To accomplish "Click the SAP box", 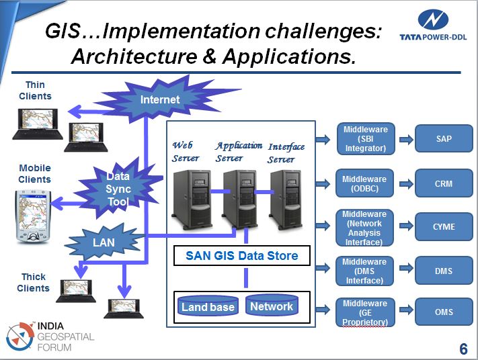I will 443,139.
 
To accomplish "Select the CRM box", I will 443,183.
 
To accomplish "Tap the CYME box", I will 443,227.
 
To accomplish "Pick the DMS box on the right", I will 443,271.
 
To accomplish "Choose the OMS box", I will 443,312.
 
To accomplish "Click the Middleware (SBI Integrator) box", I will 364,139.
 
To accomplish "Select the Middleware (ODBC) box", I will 364,183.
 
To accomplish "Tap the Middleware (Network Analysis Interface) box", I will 364,228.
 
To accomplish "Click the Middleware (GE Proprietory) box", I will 364,313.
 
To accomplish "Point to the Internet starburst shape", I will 160,100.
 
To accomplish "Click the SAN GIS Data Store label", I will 241,256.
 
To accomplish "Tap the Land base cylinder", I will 208,308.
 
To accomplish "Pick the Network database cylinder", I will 272,306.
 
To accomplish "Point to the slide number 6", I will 463,349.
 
